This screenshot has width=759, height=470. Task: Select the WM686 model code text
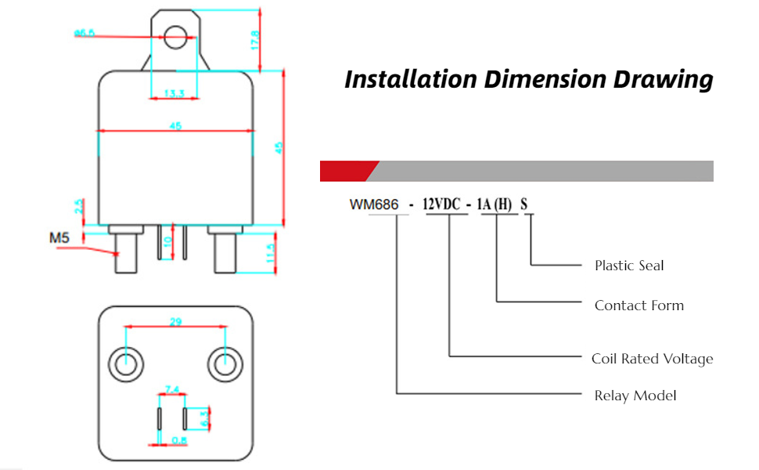tap(373, 205)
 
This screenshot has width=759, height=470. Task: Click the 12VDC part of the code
tap(442, 205)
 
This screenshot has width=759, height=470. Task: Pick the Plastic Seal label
tap(629, 266)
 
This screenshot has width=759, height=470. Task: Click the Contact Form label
tap(638, 305)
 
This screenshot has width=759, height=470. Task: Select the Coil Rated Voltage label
tap(652, 359)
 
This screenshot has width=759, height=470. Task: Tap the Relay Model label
tap(635, 396)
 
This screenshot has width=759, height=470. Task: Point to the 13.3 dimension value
tap(174, 94)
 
